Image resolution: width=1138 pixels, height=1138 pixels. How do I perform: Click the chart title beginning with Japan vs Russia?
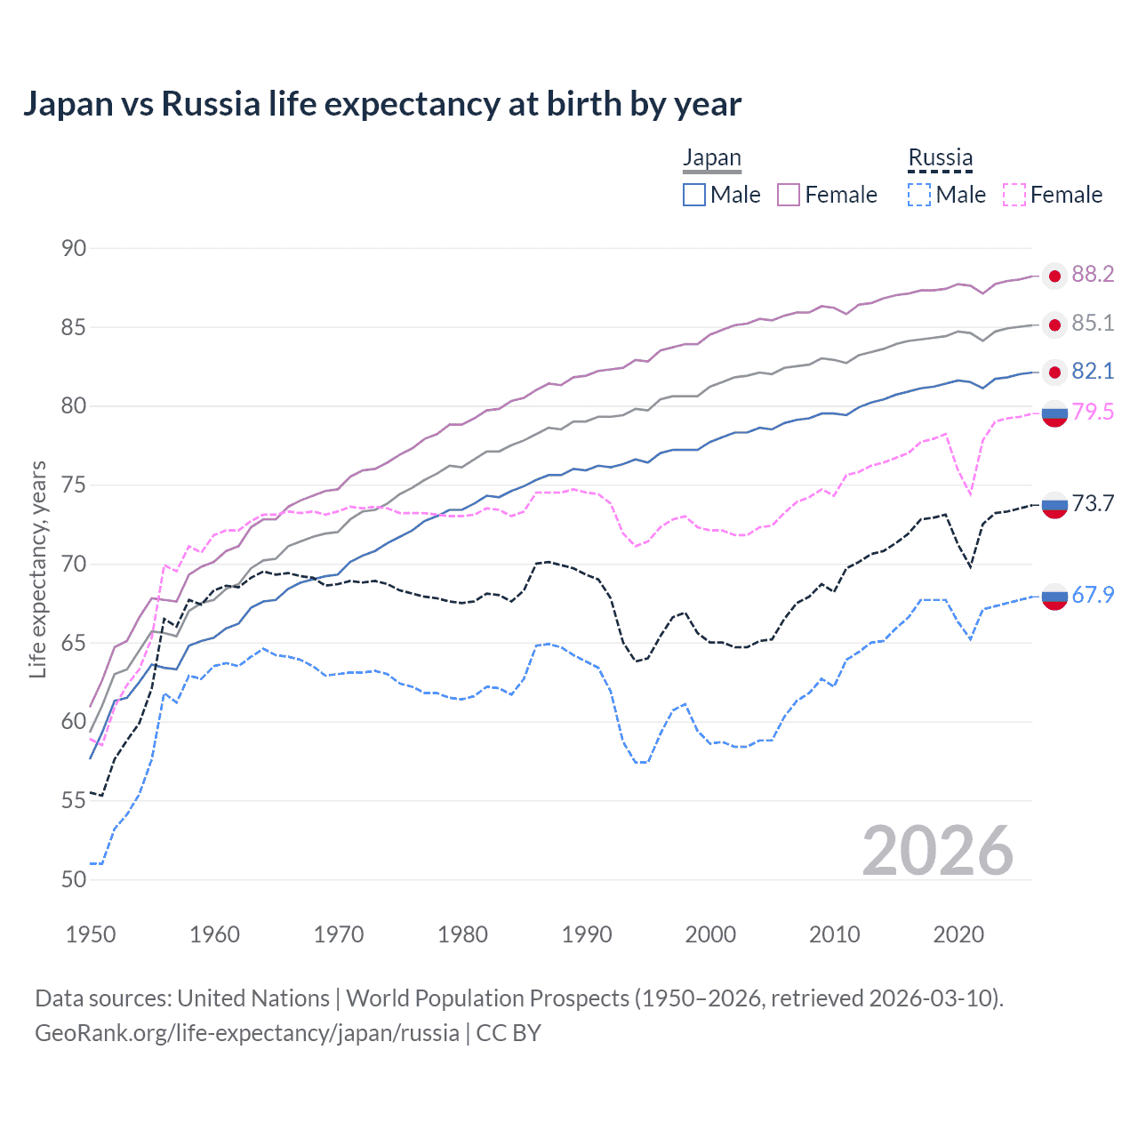381,104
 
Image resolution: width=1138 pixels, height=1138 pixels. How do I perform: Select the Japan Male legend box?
694,195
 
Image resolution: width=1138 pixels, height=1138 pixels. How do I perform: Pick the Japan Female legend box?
789,195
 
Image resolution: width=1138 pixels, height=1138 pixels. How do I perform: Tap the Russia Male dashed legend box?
919,195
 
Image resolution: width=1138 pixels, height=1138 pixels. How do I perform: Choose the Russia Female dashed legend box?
1014,195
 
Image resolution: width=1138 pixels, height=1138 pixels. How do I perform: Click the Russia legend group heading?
940,158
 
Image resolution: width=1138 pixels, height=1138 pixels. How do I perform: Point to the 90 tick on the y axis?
74,248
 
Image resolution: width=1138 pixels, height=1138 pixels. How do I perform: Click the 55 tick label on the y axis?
74,800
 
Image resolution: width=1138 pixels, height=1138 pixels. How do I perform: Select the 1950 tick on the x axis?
91,934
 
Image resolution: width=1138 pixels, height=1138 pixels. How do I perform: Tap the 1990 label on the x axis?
587,934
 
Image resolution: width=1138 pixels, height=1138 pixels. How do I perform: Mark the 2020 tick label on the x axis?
958,934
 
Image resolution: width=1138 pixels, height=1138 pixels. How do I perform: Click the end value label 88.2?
1093,275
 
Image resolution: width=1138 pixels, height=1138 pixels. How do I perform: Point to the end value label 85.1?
1093,323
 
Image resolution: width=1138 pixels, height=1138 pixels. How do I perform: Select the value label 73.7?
1093,504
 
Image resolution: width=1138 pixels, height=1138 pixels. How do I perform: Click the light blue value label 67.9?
1093,595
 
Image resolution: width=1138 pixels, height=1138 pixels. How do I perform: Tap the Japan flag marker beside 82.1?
1054,372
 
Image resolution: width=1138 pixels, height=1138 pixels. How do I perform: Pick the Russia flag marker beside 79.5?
1054,413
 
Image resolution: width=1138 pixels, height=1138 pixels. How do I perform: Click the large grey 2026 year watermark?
937,851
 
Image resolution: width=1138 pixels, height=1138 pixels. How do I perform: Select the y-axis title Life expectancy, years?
37,569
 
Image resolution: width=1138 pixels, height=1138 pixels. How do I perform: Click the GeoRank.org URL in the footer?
246,1033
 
